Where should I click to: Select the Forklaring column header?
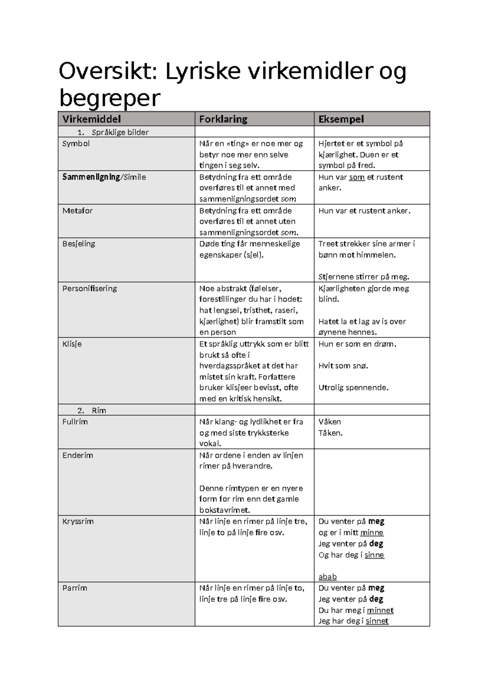[x=223, y=119]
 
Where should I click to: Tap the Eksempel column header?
[x=341, y=119]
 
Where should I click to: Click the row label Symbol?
[x=76, y=143]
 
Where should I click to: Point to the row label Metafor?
[x=78, y=210]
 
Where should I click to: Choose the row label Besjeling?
[x=79, y=244]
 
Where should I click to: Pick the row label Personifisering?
[x=89, y=288]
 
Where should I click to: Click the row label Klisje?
[x=72, y=344]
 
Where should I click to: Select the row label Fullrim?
[x=75, y=422]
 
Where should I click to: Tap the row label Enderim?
[x=78, y=455]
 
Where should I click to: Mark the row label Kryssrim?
[x=78, y=521]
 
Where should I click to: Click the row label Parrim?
[x=75, y=588]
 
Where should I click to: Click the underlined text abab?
[x=327, y=577]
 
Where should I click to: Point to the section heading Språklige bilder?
[x=120, y=132]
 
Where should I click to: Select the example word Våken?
[x=330, y=422]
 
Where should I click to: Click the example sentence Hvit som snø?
[x=343, y=366]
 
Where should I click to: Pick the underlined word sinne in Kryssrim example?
[x=374, y=555]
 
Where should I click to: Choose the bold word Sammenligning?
[x=91, y=177]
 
